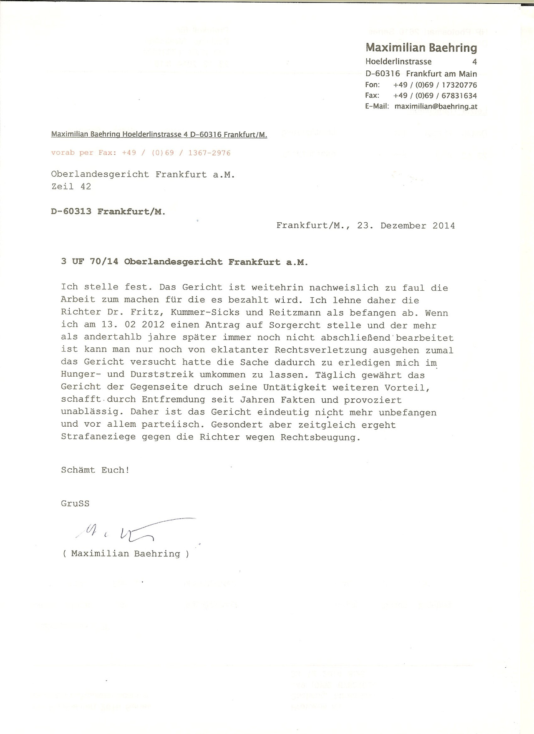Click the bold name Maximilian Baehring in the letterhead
coord(421,48)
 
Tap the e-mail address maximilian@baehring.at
coord(436,106)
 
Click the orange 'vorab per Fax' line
coord(141,153)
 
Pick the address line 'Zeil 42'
coord(71,186)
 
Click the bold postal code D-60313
coord(71,211)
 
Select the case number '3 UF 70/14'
coord(90,262)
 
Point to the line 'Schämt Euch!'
coord(95,470)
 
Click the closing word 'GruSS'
coord(75,503)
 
